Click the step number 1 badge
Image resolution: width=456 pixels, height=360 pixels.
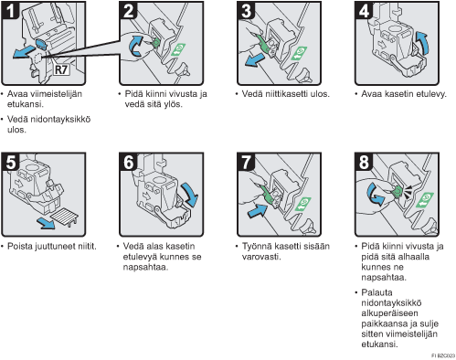pos(10,10)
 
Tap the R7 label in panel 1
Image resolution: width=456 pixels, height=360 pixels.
pos(61,69)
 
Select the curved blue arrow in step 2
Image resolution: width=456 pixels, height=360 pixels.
pos(135,46)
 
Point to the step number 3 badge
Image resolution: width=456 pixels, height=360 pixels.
pos(246,10)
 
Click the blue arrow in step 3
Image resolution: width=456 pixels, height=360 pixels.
pos(255,59)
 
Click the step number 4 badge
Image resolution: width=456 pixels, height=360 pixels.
pos(365,10)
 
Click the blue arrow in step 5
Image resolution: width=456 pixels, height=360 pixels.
pos(46,224)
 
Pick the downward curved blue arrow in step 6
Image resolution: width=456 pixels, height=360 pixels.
pos(190,195)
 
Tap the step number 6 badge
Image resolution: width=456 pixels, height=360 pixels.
pos(128,162)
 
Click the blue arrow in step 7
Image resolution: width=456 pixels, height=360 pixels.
pos(258,210)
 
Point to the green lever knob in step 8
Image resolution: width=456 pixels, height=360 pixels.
pos(398,191)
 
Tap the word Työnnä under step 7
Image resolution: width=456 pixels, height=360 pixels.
pos(257,247)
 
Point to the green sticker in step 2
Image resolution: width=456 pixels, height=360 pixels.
pos(178,49)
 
